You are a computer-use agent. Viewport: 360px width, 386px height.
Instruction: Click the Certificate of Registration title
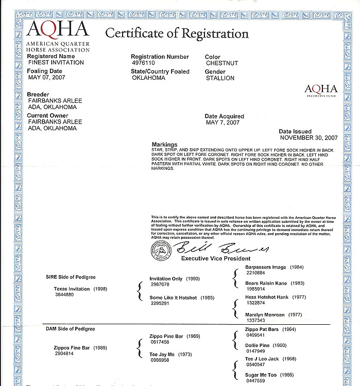[177, 34]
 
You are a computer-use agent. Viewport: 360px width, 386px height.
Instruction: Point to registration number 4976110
[144, 63]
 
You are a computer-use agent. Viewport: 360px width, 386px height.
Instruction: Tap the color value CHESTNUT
[221, 63]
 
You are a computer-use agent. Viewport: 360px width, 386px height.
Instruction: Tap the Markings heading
[165, 145]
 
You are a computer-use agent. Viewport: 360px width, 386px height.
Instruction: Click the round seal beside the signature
[160, 250]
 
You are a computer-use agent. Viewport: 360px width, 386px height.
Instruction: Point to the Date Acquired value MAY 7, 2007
[223, 123]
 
